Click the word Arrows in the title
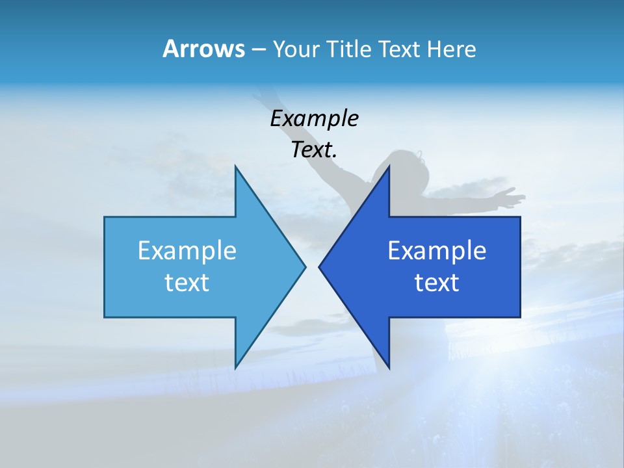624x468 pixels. [x=203, y=49]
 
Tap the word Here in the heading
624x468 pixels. [x=451, y=49]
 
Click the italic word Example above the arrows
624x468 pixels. [x=314, y=119]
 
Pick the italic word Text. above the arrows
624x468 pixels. [x=314, y=150]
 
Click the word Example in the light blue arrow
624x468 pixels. [x=187, y=250]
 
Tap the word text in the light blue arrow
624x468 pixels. [x=187, y=283]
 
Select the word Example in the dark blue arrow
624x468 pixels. [x=437, y=250]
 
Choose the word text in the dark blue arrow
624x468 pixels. [x=437, y=283]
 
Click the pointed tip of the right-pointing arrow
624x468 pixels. [x=305, y=266]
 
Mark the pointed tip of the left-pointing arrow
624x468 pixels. [x=319, y=266]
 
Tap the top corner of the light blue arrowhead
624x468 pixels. [x=235, y=166]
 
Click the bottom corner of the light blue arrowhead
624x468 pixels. [x=235, y=368]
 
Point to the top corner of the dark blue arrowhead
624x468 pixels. [x=389, y=166]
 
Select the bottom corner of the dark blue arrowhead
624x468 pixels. [x=389, y=368]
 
